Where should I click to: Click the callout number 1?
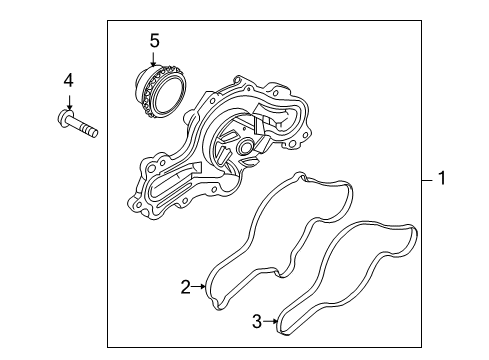(x=442, y=178)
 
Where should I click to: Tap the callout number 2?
(x=186, y=287)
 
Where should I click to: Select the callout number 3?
(x=257, y=321)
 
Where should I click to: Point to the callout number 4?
(x=69, y=81)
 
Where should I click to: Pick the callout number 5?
(x=154, y=41)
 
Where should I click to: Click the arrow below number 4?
(x=69, y=102)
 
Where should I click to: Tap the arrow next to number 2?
(x=199, y=286)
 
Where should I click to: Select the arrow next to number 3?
(x=270, y=321)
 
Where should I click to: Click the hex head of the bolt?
(x=64, y=118)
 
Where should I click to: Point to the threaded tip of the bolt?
(x=90, y=130)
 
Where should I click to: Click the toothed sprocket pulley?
(x=161, y=91)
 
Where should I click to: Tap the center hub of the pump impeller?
(x=246, y=146)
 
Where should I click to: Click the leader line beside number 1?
(x=427, y=180)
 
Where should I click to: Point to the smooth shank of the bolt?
(x=76, y=123)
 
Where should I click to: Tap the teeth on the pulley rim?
(x=148, y=94)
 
